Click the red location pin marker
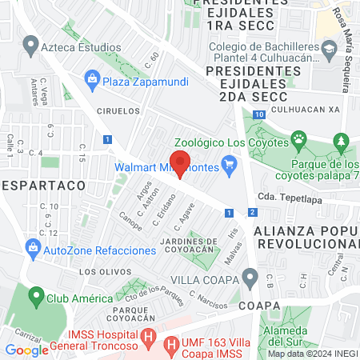coord(181,162)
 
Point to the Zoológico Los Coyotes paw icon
coord(298,142)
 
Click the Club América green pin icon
coord(35,298)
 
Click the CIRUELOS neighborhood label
coord(118,111)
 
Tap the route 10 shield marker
coord(259,114)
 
